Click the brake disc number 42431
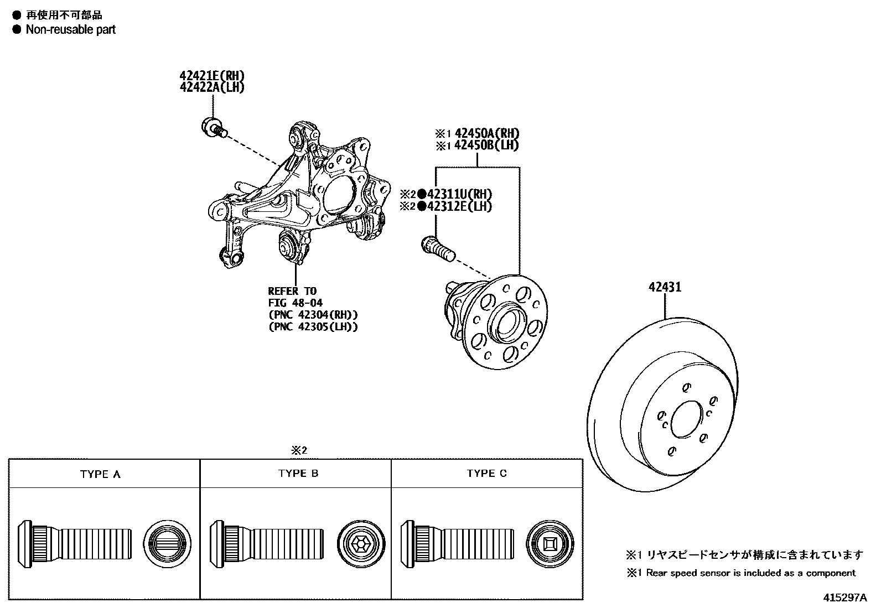[x=665, y=287]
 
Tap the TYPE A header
[x=100, y=474]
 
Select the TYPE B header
[x=298, y=474]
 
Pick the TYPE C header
[x=486, y=474]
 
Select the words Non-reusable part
[x=71, y=30]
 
